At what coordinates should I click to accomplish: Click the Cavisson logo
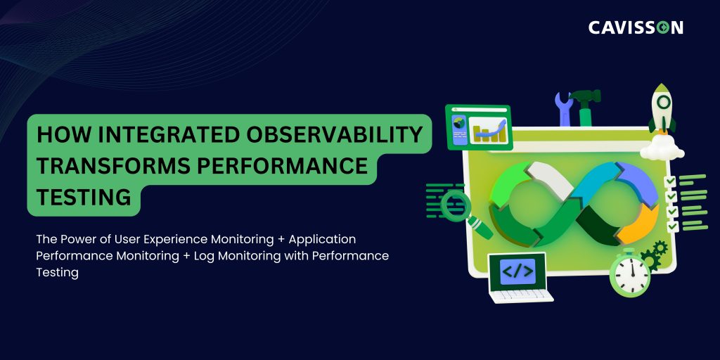[x=636, y=27]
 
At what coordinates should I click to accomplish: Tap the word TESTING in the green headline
[x=84, y=198]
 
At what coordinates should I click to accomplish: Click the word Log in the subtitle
[x=204, y=256]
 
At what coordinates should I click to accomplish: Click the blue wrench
[x=564, y=108]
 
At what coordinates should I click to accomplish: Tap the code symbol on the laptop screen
[x=517, y=271]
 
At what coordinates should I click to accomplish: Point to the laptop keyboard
[x=521, y=295]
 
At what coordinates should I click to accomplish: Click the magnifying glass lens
[x=456, y=205]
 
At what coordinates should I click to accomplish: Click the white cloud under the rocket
[x=662, y=148]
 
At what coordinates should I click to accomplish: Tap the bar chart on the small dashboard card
[x=489, y=130]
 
